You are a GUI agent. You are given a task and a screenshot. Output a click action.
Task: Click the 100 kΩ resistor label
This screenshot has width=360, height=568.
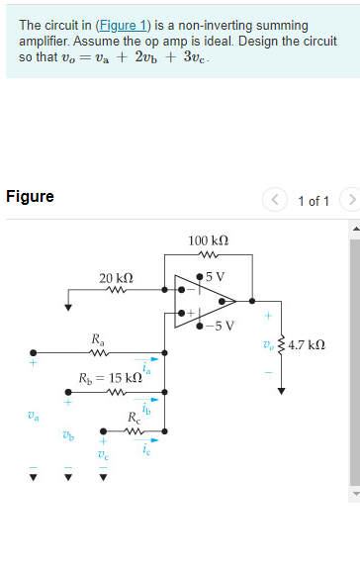coord(208,240)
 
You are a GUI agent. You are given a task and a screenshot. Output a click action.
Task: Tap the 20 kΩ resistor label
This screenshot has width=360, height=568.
coord(117,278)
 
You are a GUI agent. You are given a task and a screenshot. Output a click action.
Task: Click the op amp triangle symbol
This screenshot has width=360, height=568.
coord(206,294)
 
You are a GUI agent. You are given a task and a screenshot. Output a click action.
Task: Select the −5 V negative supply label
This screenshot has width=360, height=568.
coord(221,325)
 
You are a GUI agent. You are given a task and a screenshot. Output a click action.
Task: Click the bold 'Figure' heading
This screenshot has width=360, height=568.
coord(30,196)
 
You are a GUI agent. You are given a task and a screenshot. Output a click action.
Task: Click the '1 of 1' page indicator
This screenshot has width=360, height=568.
coord(314,201)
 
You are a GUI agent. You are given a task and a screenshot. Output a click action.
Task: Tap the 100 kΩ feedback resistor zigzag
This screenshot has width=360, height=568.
coord(208,254)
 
